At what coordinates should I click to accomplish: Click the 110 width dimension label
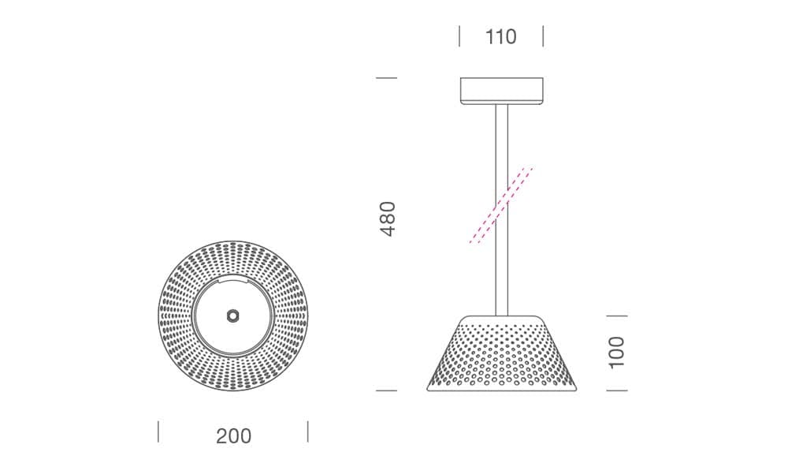500,37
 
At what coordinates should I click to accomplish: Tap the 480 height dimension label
388,219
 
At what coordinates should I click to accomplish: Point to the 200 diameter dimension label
234,435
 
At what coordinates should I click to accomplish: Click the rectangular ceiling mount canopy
501,91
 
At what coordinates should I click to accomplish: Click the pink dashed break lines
500,205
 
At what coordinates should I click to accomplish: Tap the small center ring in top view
232,316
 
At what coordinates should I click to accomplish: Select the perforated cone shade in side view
501,353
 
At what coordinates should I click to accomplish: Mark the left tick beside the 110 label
459,36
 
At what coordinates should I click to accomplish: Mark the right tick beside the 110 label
543,36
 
